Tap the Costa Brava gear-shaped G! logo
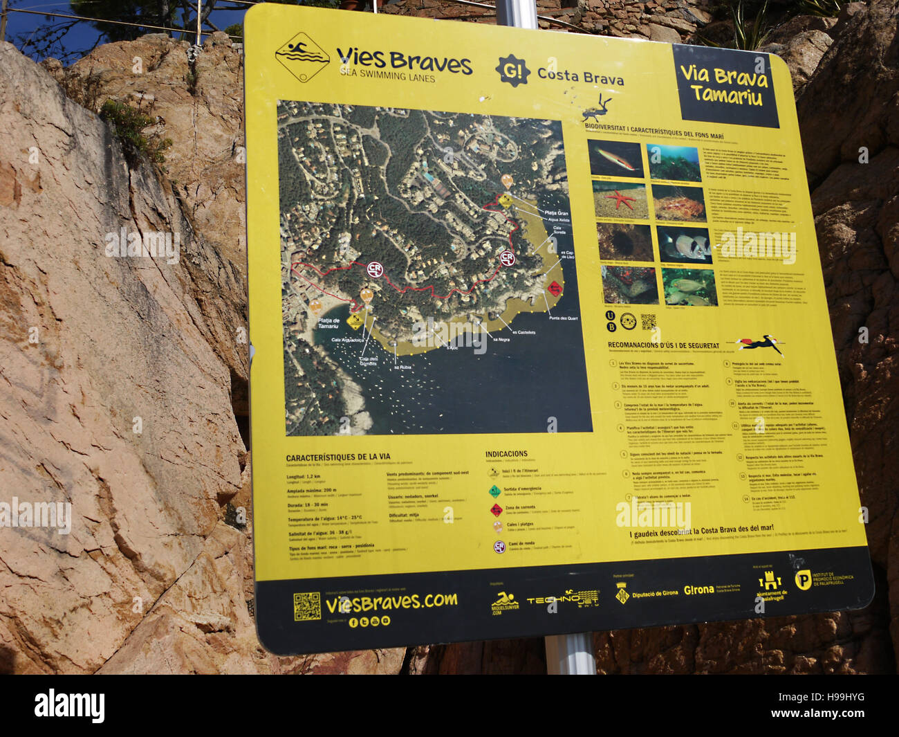coord(512,71)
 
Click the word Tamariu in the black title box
coord(725,95)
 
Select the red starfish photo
coord(619,201)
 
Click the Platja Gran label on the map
coord(556,213)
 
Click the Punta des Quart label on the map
coord(562,318)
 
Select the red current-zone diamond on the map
coord(554,287)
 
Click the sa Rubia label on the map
coord(402,367)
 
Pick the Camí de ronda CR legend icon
coord(498,546)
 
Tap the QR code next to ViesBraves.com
coord(306,606)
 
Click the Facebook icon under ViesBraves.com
coord(353,622)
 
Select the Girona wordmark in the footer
coord(698,590)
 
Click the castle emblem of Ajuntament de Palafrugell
coord(769,580)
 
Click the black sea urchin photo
coord(624,242)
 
